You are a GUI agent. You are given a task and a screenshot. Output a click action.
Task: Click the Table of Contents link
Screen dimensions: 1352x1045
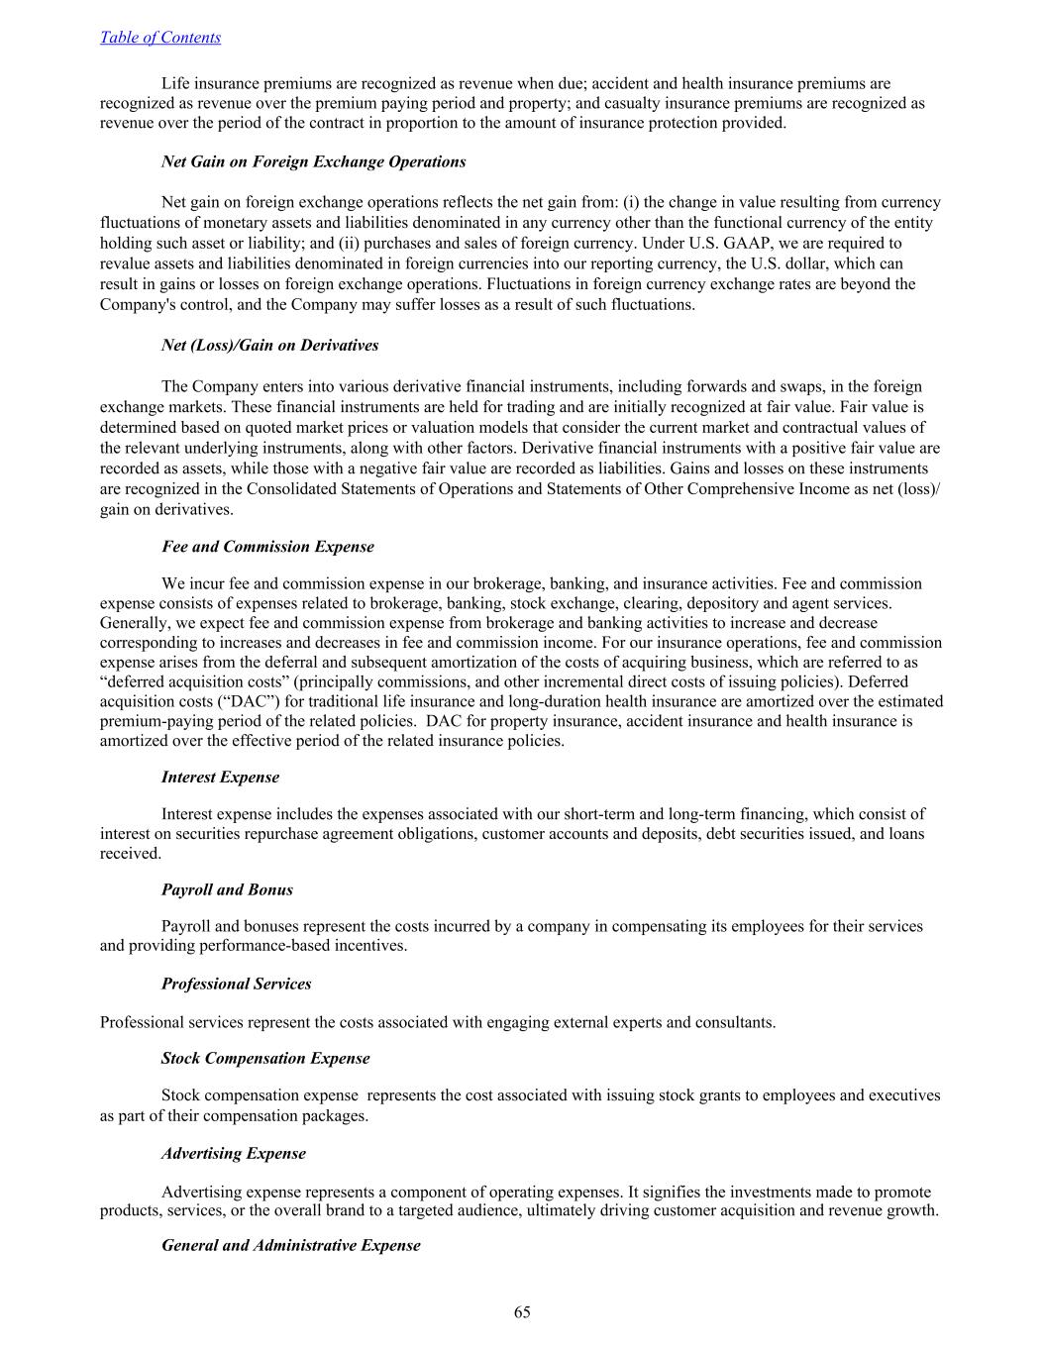click(x=160, y=38)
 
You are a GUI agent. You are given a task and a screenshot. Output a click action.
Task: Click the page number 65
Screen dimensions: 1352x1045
click(x=522, y=1312)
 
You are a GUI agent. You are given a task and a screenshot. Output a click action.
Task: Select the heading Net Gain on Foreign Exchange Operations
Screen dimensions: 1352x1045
click(x=313, y=161)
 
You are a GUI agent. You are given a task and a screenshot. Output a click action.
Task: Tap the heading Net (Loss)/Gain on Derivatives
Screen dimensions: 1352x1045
click(x=269, y=346)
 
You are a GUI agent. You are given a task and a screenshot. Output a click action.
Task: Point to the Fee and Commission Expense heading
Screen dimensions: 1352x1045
click(x=267, y=547)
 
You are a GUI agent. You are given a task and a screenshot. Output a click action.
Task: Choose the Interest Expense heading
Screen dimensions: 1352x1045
click(x=220, y=778)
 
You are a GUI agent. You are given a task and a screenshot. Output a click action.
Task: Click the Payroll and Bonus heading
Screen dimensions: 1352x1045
click(x=227, y=889)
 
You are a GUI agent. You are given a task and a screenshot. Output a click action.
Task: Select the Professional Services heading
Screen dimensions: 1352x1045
click(x=236, y=984)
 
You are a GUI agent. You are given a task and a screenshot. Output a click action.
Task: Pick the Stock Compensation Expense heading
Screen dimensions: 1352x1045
click(x=265, y=1058)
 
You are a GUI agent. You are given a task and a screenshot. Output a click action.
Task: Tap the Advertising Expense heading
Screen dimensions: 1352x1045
click(x=234, y=1153)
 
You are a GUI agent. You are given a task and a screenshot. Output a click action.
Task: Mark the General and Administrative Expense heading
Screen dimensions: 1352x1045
click(x=290, y=1245)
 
